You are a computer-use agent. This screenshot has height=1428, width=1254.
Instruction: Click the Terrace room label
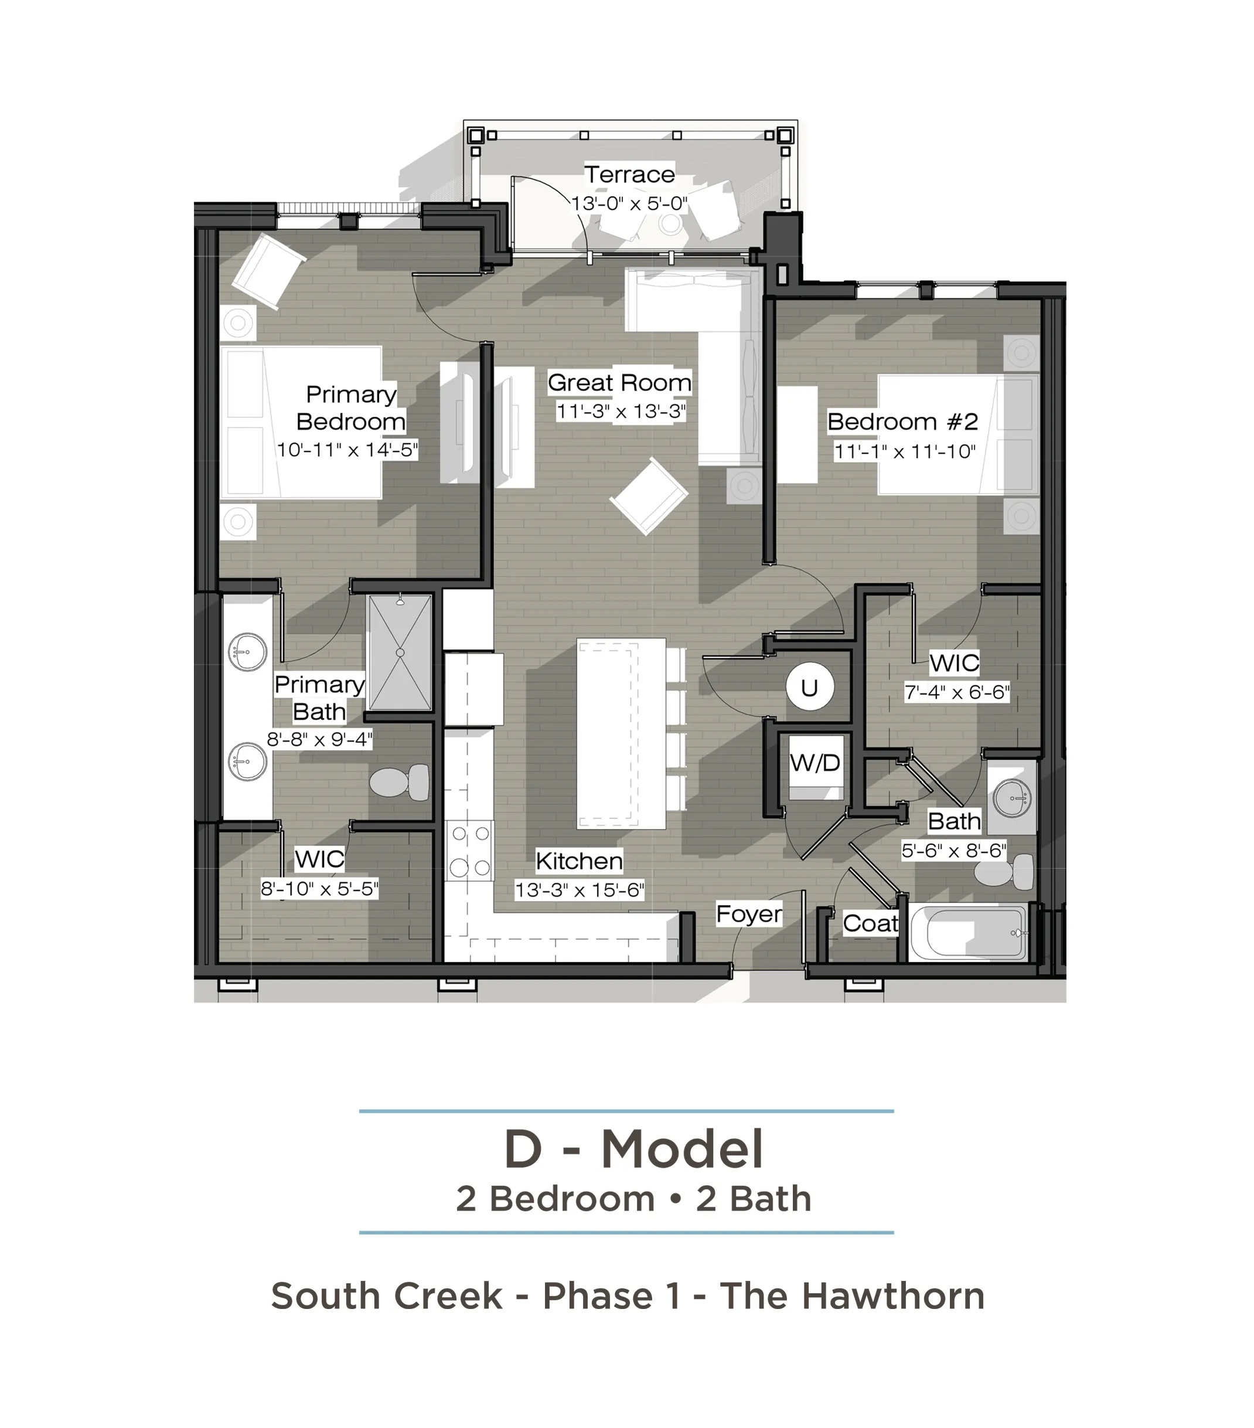(x=629, y=174)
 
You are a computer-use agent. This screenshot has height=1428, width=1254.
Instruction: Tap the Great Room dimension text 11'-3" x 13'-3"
(x=621, y=411)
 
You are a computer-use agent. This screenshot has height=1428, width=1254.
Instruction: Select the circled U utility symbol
(x=809, y=688)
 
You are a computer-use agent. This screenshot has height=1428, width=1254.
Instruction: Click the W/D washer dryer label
(x=815, y=762)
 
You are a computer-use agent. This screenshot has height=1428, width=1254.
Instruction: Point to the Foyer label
(x=748, y=913)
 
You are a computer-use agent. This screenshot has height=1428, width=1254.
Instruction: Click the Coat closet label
(x=870, y=923)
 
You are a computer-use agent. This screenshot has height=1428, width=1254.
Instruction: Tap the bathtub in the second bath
(x=969, y=933)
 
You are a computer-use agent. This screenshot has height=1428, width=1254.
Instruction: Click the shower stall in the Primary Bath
(x=400, y=652)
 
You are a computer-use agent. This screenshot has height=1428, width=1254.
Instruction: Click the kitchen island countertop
(x=621, y=733)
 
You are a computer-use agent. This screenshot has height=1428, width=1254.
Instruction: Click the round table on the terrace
(x=671, y=223)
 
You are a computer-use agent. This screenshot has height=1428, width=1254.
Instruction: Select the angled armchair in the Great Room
(x=649, y=495)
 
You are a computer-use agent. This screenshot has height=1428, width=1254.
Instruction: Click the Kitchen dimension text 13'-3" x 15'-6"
(x=580, y=890)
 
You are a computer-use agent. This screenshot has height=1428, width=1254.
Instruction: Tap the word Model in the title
(x=682, y=1149)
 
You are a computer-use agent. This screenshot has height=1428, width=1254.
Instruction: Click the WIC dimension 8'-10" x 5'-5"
(x=320, y=889)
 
